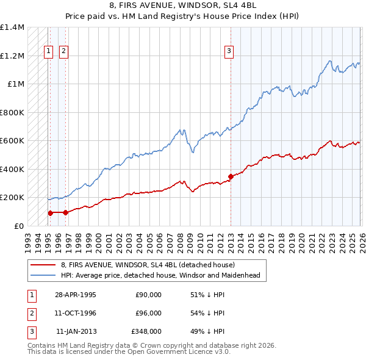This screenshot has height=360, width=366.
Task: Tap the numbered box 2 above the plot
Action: point(63,51)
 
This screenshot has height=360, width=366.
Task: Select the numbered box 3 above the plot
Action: point(229,51)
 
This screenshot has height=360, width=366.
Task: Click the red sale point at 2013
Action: point(231,177)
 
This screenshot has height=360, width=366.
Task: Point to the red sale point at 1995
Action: point(50,213)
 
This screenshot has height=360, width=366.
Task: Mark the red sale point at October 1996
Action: point(65,212)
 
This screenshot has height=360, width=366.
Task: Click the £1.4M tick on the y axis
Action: point(12,27)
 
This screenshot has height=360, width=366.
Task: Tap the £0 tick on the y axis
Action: point(19,226)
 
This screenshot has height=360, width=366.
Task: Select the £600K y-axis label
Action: point(12,141)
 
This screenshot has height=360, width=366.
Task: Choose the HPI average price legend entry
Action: point(160,275)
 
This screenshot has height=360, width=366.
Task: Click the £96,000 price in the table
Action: point(148,312)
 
